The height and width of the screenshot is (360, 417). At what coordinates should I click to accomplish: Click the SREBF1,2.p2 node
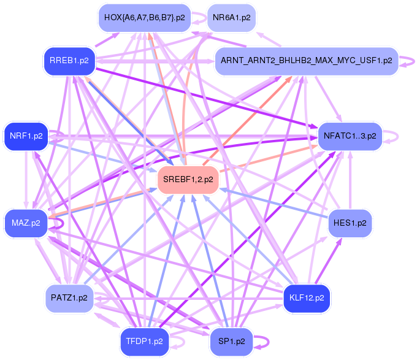coord(189,179)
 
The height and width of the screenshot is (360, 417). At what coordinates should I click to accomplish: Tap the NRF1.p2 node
coord(26,136)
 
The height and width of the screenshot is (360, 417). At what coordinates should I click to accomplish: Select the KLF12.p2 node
coord(307,298)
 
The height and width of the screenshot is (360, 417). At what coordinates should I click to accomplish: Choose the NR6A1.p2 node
coord(232,18)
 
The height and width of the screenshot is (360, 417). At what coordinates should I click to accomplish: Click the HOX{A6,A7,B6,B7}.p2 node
coord(145,18)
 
